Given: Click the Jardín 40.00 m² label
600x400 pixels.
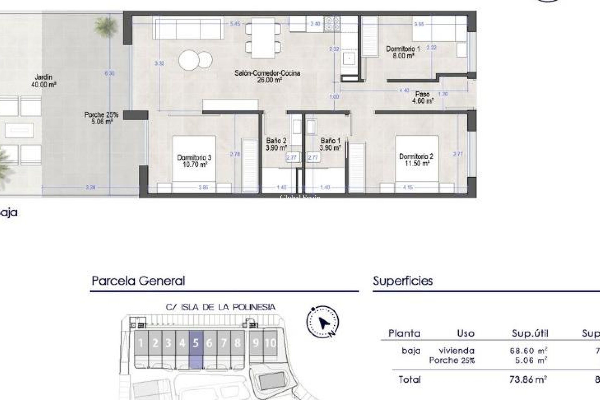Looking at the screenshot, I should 44,80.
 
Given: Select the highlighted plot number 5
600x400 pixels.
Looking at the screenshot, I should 196,343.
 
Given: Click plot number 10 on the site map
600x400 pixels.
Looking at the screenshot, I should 270,343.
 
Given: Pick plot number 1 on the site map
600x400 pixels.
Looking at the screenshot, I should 141,343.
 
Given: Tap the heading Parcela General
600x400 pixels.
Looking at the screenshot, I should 138,281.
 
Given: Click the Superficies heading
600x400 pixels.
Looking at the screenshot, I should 403,281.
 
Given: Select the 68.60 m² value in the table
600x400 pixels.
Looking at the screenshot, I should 528,351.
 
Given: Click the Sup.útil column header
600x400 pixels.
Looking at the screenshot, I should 530,333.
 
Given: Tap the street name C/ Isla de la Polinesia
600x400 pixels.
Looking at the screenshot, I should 221,307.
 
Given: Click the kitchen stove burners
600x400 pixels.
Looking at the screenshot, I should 332,24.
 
